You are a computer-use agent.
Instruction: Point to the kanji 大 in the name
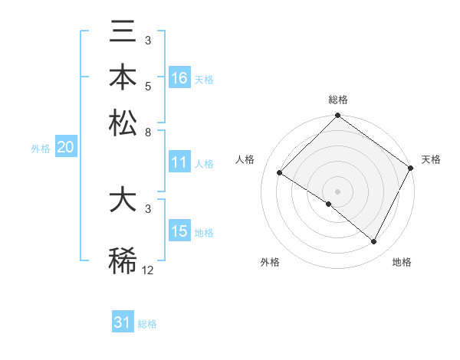click(x=123, y=201)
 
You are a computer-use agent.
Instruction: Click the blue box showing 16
click(x=179, y=78)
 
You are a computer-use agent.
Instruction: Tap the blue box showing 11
click(x=179, y=162)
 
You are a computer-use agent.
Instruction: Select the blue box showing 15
click(x=179, y=231)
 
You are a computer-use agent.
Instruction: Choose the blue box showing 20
click(x=65, y=149)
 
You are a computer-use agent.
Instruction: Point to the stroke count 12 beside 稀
click(x=148, y=270)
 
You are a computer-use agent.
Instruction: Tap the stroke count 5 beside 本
click(x=149, y=87)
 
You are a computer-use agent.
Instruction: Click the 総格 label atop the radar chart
click(x=337, y=100)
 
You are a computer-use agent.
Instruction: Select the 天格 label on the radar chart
click(x=431, y=159)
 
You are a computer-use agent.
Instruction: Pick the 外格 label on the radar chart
click(x=270, y=262)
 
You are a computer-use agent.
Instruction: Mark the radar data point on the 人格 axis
click(x=280, y=173)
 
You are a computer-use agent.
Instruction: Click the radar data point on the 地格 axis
click(x=374, y=242)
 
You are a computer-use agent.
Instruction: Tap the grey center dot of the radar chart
click(x=337, y=191)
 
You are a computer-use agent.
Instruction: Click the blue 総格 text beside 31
click(x=147, y=324)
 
